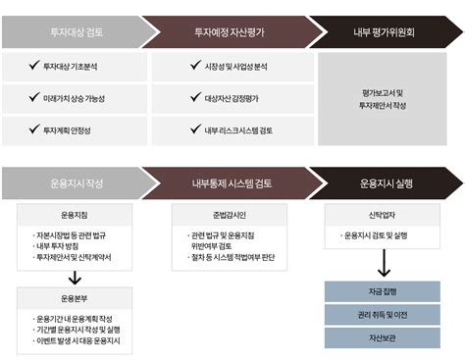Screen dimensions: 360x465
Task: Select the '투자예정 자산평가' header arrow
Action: pos(226,31)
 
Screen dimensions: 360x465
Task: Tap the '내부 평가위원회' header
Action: pos(384,31)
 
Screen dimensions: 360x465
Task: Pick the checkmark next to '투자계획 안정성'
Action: pos(33,129)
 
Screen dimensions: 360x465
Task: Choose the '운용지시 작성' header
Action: pos(73,183)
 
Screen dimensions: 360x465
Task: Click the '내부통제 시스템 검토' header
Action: pos(231,183)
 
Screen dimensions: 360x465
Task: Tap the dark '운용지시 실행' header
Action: pos(388,183)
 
